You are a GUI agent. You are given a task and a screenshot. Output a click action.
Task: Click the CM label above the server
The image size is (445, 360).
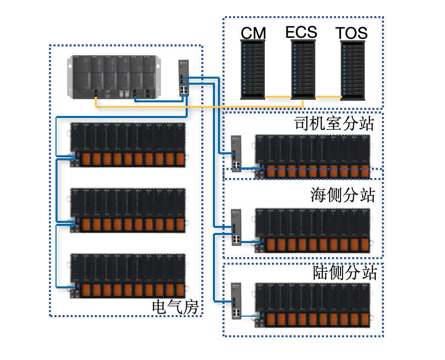pos(253,33)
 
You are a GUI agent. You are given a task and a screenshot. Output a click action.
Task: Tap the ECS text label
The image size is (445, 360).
pos(301,32)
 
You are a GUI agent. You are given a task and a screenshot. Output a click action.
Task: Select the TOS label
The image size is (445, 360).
pos(352,34)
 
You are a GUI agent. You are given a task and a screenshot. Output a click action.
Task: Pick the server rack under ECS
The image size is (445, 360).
pos(303,70)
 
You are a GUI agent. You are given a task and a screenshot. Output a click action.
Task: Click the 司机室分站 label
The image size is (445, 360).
pos(335,124)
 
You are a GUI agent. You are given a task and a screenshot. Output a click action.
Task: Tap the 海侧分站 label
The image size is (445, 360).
pos(343,195)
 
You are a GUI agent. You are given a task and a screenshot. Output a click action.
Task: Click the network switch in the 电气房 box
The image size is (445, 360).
pos(184,78)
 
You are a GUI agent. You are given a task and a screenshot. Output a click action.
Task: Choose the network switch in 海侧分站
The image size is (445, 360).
pos(237,227)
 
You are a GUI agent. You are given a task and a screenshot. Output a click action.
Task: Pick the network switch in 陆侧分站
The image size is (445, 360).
pos(237,301)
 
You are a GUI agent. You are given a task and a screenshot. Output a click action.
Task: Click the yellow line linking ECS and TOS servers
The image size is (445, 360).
pos(328,96)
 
